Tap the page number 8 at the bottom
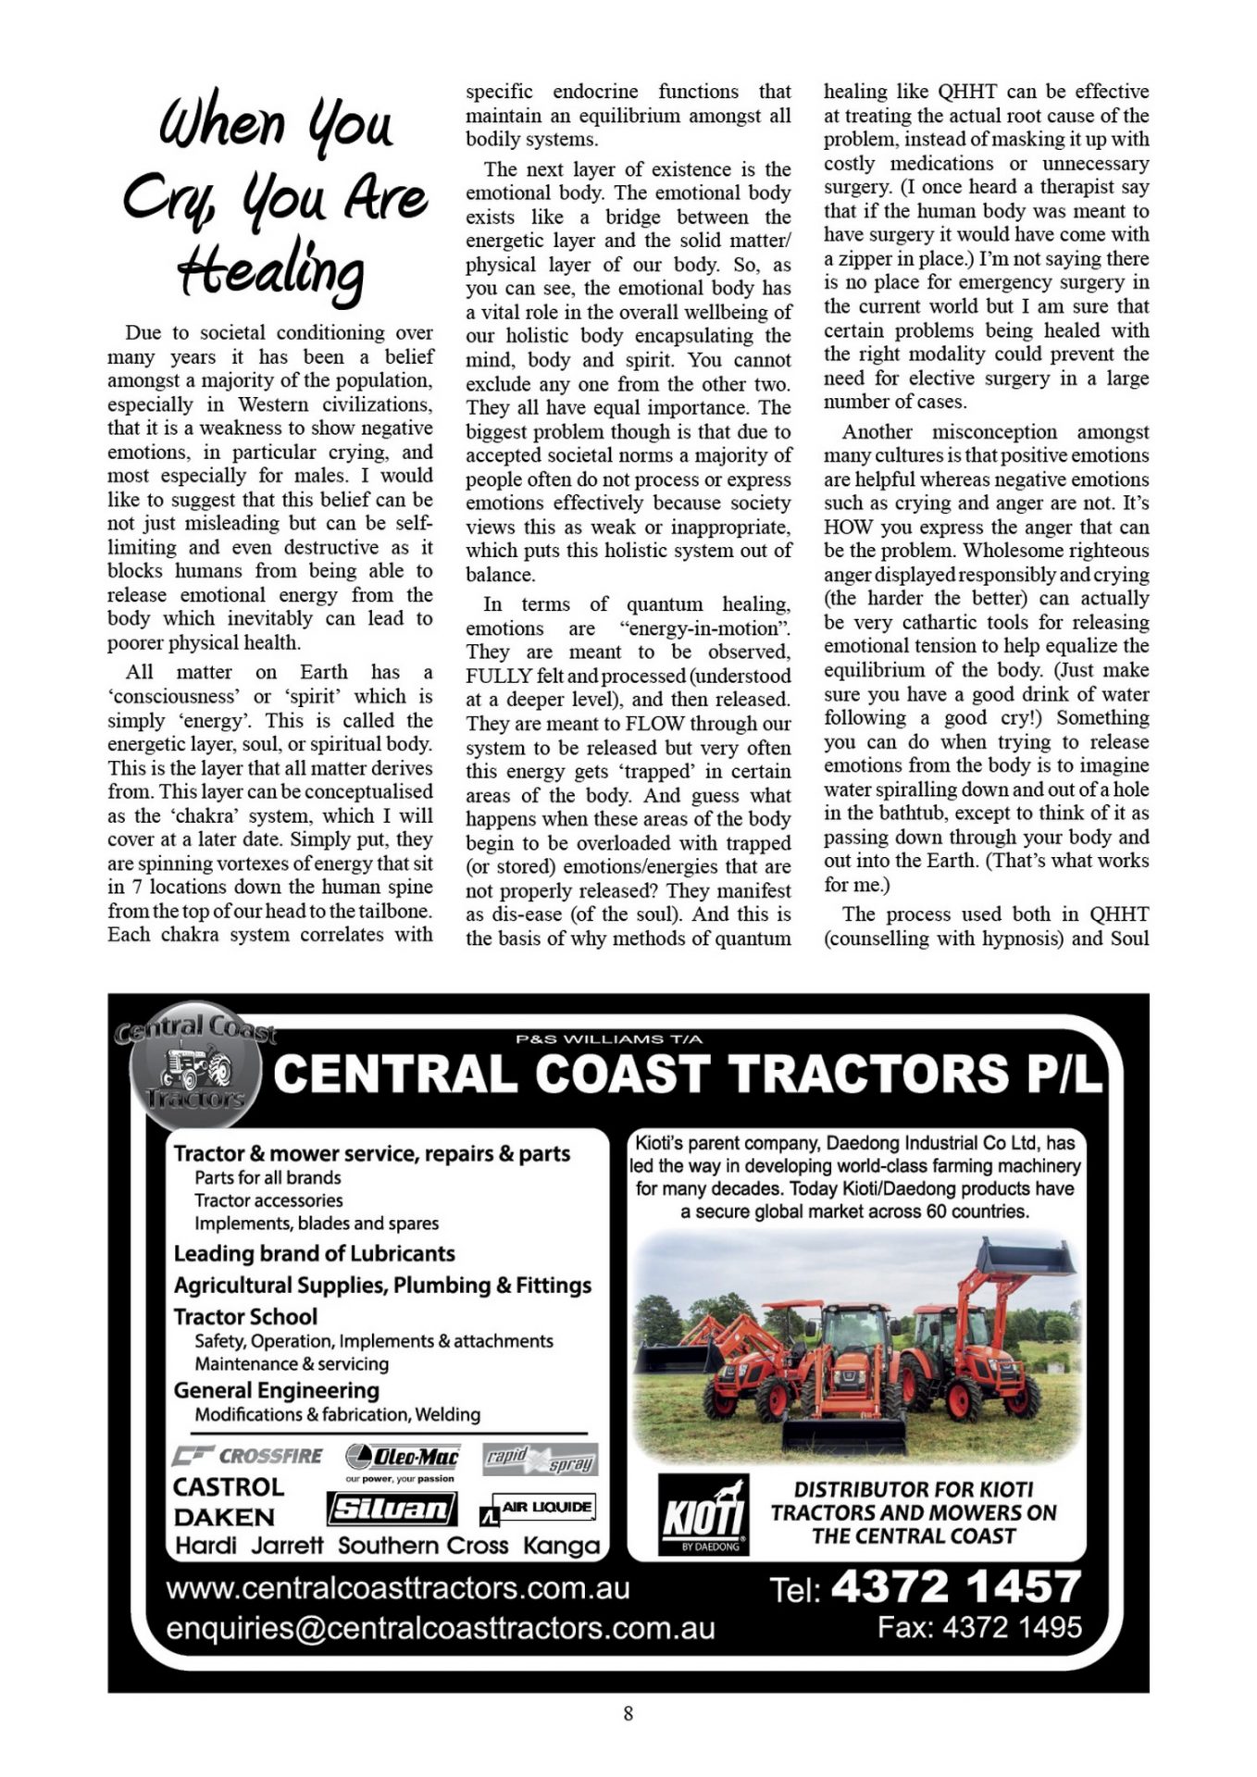pyautogui.click(x=628, y=1713)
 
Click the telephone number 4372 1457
pyautogui.click(x=955, y=1586)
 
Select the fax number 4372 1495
pyautogui.click(x=1013, y=1626)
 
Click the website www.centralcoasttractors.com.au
pyautogui.click(x=398, y=1588)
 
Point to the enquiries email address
pyautogui.click(x=440, y=1628)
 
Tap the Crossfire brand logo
pyautogui.click(x=248, y=1456)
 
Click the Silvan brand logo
pyautogui.click(x=392, y=1510)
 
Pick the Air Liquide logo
pyautogui.click(x=538, y=1509)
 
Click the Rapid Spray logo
pyautogui.click(x=541, y=1460)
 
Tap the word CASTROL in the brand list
pyautogui.click(x=228, y=1487)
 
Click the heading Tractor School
pyautogui.click(x=245, y=1316)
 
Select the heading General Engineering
pyautogui.click(x=276, y=1390)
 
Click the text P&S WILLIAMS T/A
pyautogui.click(x=609, y=1038)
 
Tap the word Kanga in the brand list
pyautogui.click(x=561, y=1546)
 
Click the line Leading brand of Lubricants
pyautogui.click(x=314, y=1253)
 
